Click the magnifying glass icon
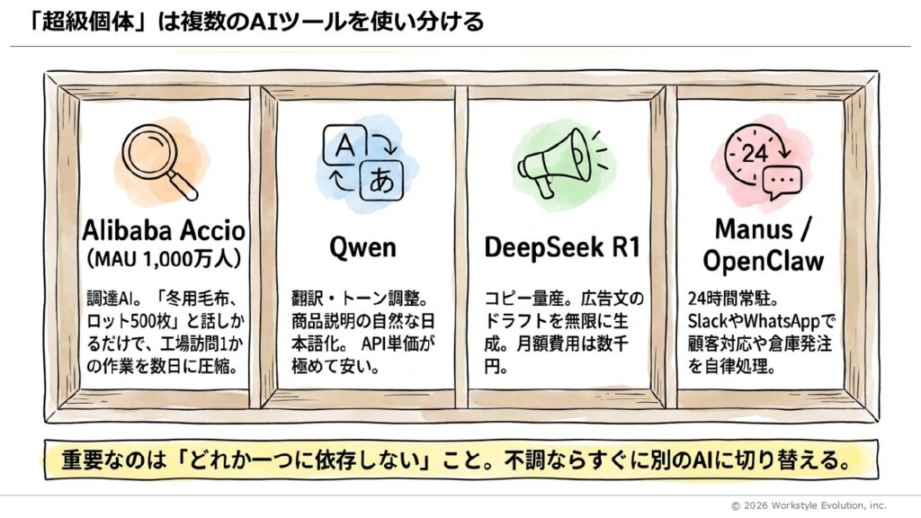pos(165,159)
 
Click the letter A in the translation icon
pos(342,146)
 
